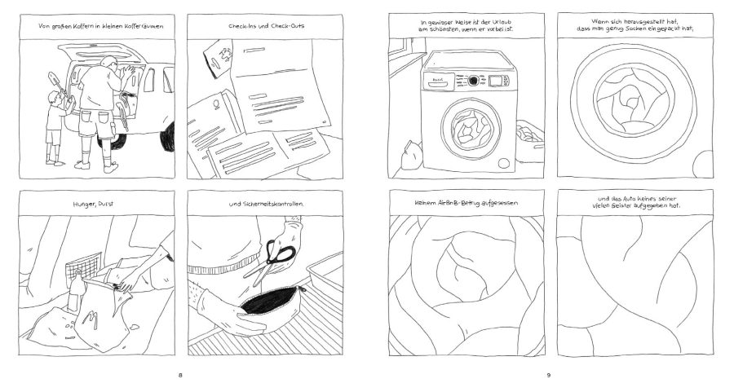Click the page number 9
click(550, 375)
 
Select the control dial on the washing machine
click(472, 81)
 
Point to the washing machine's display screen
click(497, 81)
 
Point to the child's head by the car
click(55, 98)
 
